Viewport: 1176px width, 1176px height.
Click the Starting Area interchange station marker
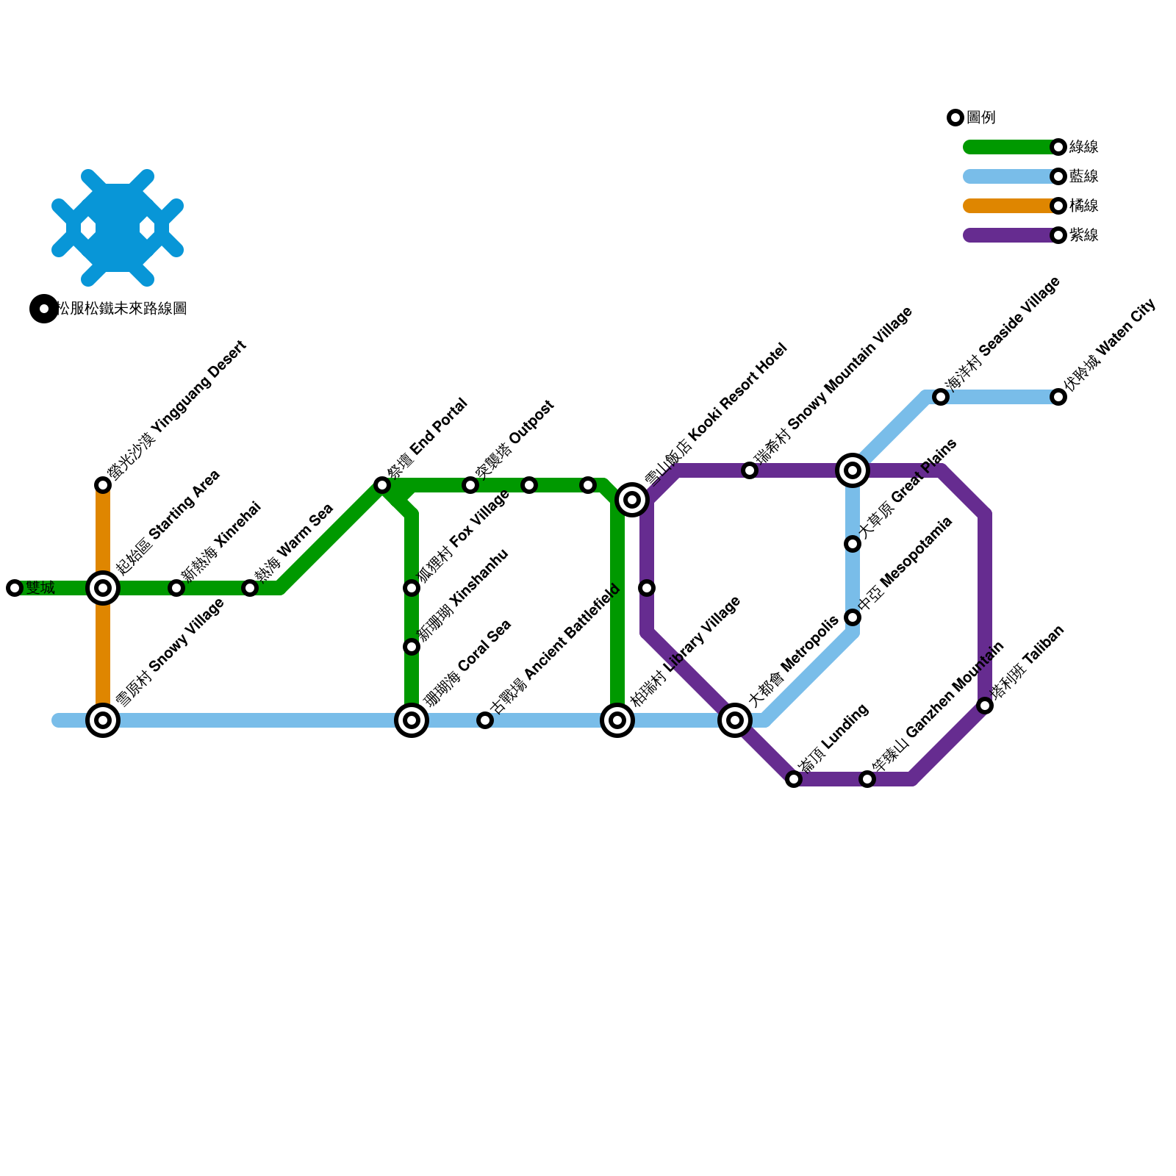103,588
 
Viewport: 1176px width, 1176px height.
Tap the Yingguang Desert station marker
103,485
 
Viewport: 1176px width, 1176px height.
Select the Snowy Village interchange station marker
103,720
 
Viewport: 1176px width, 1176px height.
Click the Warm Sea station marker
250,588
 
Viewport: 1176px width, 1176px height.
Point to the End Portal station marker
382,485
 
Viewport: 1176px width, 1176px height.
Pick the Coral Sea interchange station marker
412,720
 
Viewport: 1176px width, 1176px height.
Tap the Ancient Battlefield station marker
485,720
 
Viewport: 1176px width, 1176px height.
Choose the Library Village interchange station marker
617,720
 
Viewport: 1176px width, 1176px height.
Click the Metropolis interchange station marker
735,720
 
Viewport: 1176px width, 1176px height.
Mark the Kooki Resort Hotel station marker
632,500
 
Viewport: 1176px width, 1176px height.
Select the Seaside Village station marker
941,397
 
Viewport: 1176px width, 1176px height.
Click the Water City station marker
1058,397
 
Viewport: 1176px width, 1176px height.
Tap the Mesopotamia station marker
853,617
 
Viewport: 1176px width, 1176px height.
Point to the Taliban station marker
985,706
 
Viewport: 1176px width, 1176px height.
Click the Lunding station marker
794,779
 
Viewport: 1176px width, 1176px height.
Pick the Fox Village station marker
412,588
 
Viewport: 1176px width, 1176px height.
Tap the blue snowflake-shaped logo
118,228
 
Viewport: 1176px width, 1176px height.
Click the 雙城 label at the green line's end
40,588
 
